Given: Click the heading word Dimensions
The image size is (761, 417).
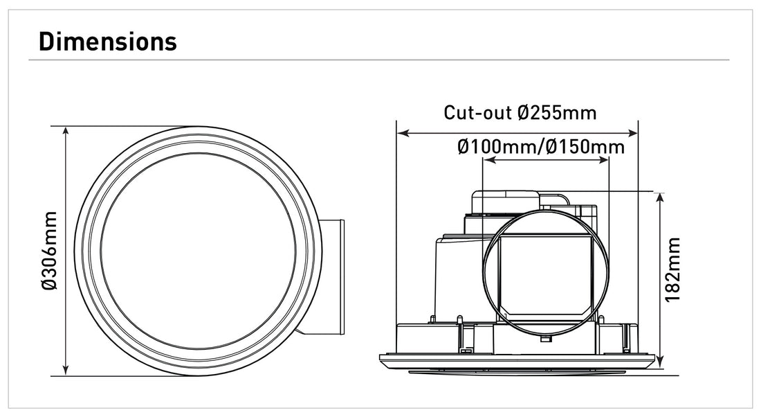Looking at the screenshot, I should pos(107,41).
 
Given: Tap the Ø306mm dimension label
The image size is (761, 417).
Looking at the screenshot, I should pos(49,251).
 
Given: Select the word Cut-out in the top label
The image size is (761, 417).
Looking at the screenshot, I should pos(478,112).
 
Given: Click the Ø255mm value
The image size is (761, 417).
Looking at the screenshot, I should pos(557,112).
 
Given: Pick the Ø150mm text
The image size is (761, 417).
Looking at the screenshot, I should pos(585,147).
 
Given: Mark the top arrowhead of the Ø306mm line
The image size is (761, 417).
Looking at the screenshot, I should pos(66,132).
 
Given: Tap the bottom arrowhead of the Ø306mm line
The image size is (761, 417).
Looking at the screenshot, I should pos(66,370).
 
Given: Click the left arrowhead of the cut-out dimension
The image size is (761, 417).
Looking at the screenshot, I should pos(402,132).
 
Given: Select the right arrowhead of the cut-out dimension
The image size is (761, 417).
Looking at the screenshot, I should pos(632,132).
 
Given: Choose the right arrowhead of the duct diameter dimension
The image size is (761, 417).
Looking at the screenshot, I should pos(604,160).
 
